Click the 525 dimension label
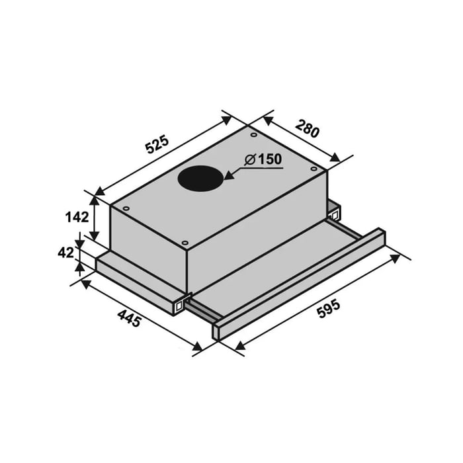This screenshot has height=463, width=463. [157, 144]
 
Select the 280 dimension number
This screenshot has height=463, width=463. [307, 129]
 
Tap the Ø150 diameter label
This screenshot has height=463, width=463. [263, 159]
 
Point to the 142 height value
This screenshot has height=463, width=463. [77, 218]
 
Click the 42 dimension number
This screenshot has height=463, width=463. [65, 253]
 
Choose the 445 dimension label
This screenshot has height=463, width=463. [129, 317]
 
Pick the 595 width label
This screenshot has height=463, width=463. [328, 309]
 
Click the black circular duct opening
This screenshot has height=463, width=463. [200, 179]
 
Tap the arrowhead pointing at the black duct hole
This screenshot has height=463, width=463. [229, 175]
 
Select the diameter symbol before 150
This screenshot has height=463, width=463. [250, 160]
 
